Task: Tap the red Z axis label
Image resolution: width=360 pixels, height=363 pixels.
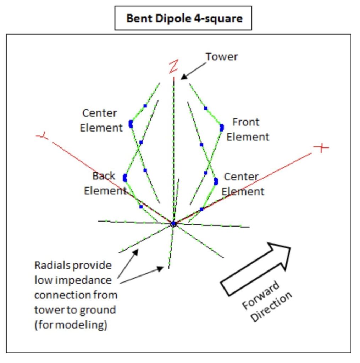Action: [173, 67]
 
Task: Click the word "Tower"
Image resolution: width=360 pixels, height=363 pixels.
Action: [222, 56]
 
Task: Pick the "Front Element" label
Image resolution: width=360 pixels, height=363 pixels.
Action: [247, 129]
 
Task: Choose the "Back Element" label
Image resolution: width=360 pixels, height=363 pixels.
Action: [105, 183]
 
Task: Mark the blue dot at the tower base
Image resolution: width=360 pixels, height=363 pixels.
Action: [173, 224]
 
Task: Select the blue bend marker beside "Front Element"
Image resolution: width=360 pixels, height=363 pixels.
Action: [222, 127]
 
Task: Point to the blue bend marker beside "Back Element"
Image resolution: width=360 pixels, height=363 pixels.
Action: [125, 178]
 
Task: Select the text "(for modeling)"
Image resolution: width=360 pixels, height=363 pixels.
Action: [71, 325]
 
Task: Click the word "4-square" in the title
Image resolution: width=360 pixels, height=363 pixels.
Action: [222, 18]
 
